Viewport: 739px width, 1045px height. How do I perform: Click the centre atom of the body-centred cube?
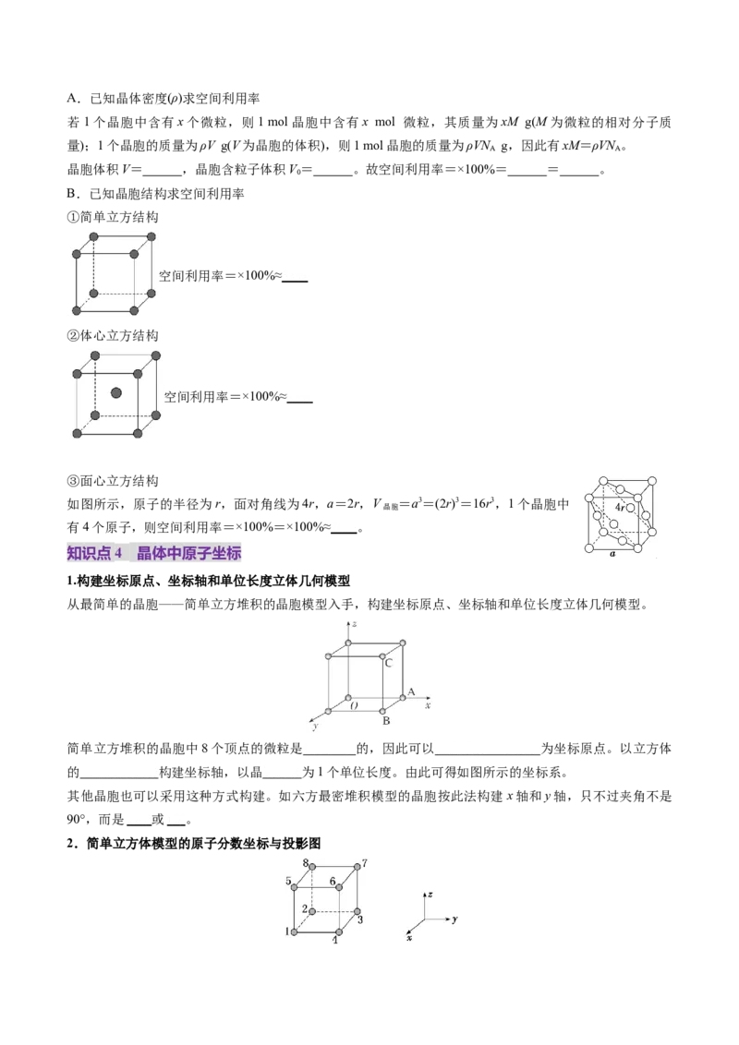[x=116, y=393]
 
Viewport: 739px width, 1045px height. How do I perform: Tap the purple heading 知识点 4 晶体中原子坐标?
[x=154, y=553]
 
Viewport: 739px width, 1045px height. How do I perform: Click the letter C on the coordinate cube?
[x=389, y=663]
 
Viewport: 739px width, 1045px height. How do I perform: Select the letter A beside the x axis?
[x=411, y=691]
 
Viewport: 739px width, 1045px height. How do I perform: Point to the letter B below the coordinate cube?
[x=387, y=719]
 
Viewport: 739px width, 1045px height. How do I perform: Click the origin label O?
[x=353, y=706]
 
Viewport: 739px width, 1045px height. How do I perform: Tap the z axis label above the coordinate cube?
[x=355, y=625]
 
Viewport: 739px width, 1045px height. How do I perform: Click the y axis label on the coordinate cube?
[x=315, y=727]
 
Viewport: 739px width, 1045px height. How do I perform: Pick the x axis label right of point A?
[x=429, y=704]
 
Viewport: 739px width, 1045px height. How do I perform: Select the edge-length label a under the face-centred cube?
[x=612, y=554]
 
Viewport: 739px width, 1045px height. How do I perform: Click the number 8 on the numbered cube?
[x=305, y=862]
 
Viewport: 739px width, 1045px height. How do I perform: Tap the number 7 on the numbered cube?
[x=366, y=863]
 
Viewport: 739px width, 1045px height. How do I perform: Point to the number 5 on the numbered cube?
[x=288, y=882]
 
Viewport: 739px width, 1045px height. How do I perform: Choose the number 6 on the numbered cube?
[x=333, y=882]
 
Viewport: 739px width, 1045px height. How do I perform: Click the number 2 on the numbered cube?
[x=305, y=910]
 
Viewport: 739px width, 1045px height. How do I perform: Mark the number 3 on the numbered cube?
[x=359, y=920]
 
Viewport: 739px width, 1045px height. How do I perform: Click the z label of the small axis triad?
[x=430, y=895]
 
